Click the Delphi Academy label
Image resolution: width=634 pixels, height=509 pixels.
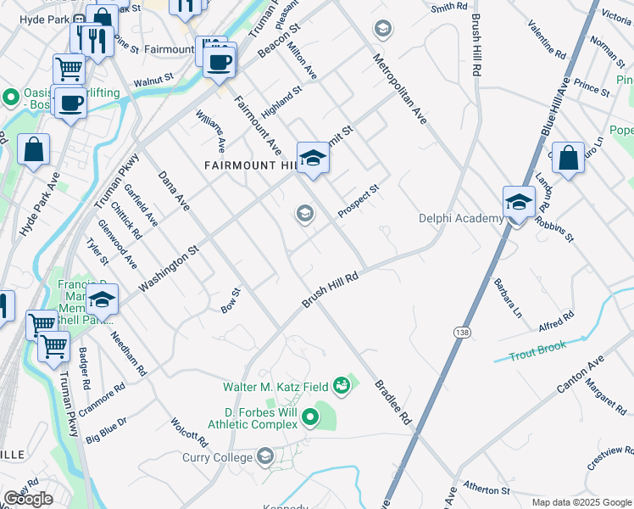click(x=460, y=218)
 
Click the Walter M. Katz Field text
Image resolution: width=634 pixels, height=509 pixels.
click(x=275, y=387)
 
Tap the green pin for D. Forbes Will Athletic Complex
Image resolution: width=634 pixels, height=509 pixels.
click(x=310, y=417)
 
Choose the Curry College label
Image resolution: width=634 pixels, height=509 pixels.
click(x=218, y=458)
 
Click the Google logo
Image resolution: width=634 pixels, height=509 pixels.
click(x=28, y=499)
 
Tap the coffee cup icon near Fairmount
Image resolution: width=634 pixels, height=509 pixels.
click(x=220, y=62)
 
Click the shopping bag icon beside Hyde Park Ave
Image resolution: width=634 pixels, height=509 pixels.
click(x=33, y=150)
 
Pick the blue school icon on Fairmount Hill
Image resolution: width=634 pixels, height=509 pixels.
click(x=313, y=159)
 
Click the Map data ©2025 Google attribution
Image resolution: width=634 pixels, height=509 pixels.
click(x=581, y=502)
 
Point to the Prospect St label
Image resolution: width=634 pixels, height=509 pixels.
click(x=357, y=200)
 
